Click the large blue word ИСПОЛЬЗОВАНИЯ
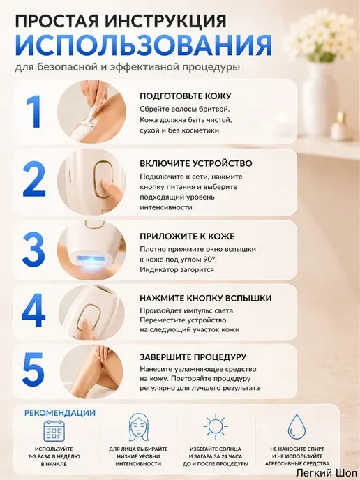(x=143, y=45)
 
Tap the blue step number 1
(x=33, y=112)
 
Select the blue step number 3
(x=33, y=249)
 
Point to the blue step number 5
(x=33, y=369)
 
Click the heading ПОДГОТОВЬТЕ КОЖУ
(x=186, y=96)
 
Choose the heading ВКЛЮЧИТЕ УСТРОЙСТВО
(x=196, y=163)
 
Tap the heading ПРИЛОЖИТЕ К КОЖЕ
(x=187, y=237)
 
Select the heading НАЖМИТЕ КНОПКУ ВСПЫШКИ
(x=206, y=298)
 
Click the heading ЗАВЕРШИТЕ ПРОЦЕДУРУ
(x=193, y=357)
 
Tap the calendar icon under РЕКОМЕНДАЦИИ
(x=54, y=430)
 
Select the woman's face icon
(x=137, y=427)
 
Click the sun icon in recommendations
(x=216, y=426)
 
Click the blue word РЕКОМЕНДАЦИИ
(x=60, y=412)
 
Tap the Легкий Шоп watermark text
(x=327, y=472)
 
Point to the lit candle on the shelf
(x=339, y=126)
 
